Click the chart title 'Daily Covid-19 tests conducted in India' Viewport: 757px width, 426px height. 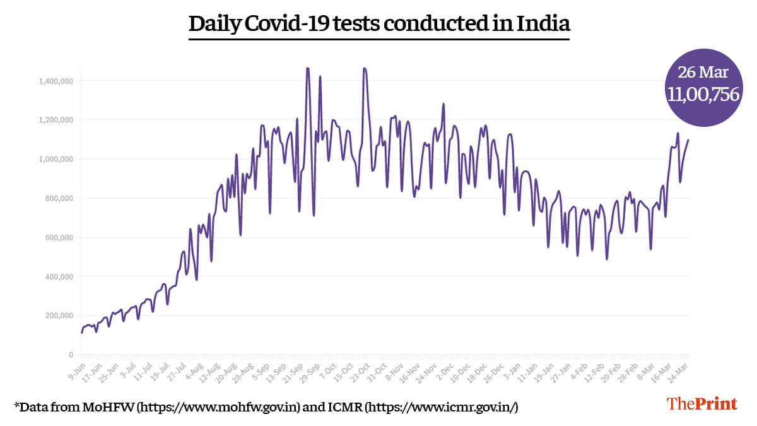pos(379,24)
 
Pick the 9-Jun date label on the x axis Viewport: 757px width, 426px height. pos(78,369)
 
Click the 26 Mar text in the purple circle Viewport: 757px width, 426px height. pos(703,71)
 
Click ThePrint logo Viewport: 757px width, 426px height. pos(702,403)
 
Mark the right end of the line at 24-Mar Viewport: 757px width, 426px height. pos(688,140)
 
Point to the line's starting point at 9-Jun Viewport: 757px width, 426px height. pos(81,332)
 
